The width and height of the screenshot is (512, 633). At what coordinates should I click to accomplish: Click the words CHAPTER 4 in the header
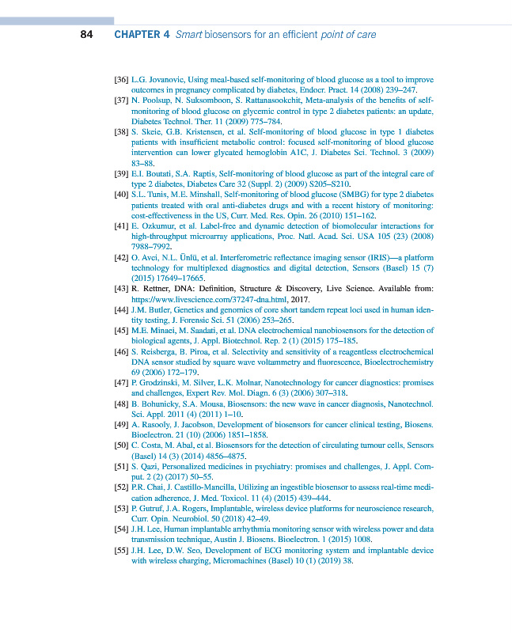pos(142,35)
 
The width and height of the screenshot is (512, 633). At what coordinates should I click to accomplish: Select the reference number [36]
pos(121,80)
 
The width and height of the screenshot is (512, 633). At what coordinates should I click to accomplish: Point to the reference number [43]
pos(121,290)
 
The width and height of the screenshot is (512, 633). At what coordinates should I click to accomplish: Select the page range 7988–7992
pos(150,247)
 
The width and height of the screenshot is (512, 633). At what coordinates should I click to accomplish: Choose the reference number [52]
pos(121,488)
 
